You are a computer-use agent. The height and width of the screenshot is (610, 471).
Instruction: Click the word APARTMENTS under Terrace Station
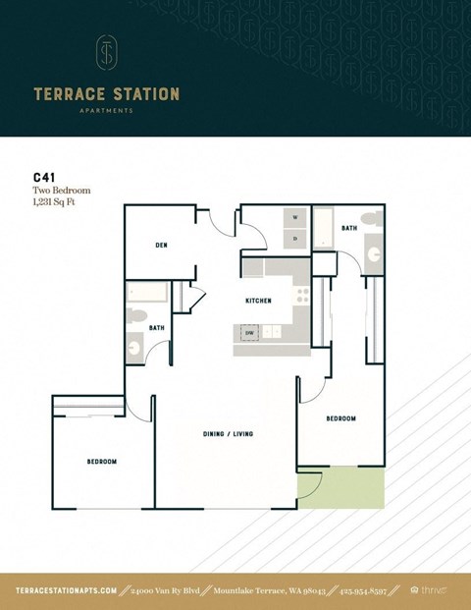click(106, 111)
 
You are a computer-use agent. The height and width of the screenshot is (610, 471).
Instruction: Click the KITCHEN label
click(258, 301)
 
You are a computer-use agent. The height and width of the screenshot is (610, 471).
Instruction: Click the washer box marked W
click(294, 217)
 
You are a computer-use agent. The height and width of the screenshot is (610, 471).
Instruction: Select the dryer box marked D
click(294, 238)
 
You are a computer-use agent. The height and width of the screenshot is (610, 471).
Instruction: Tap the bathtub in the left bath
click(147, 292)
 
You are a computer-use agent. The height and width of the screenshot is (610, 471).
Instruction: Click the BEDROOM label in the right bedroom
click(340, 418)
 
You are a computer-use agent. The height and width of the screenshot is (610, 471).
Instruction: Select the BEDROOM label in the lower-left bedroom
click(101, 462)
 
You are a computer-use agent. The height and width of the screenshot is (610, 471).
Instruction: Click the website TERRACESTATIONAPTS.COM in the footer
click(67, 590)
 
